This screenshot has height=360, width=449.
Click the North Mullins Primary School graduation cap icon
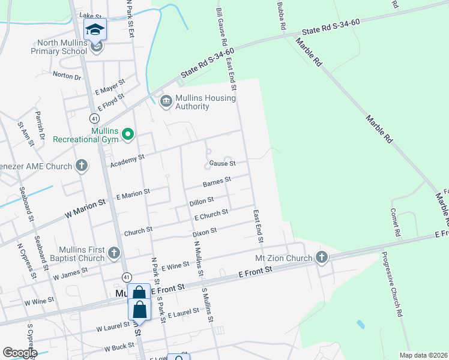pyautogui.click(x=95, y=29)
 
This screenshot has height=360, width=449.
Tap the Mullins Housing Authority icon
pyautogui.click(x=166, y=102)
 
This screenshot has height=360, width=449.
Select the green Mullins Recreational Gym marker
pyautogui.click(x=128, y=135)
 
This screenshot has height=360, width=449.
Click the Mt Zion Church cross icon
pyautogui.click(x=322, y=258)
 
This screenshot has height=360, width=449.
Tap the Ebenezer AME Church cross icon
pyautogui.click(x=82, y=166)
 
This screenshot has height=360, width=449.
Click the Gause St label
pyautogui.click(x=222, y=163)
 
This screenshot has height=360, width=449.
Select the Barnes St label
pyautogui.click(x=217, y=181)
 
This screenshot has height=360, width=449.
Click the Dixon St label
pyautogui.click(x=204, y=231)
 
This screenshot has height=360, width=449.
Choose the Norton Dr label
pyautogui.click(x=67, y=76)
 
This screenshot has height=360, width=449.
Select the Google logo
pyautogui.click(x=19, y=353)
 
